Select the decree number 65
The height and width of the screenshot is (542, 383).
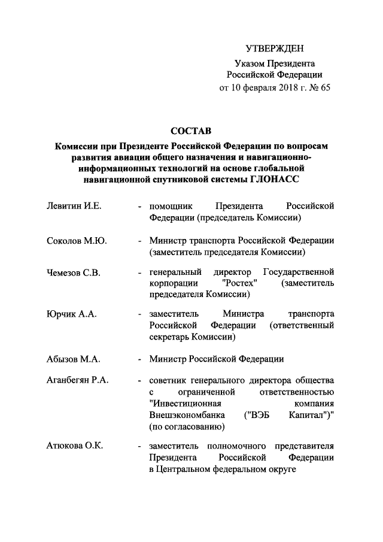pos(324,88)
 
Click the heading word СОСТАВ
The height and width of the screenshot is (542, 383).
pos(191,131)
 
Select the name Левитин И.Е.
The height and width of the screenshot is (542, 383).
pos(74,206)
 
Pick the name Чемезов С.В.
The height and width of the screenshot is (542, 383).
pos(74,273)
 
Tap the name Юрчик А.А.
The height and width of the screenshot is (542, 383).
pos(71,314)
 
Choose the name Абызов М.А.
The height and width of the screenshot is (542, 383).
pos(73,359)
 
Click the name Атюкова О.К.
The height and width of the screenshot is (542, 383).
pos(74,446)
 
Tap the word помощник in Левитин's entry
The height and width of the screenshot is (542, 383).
pos(171,206)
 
